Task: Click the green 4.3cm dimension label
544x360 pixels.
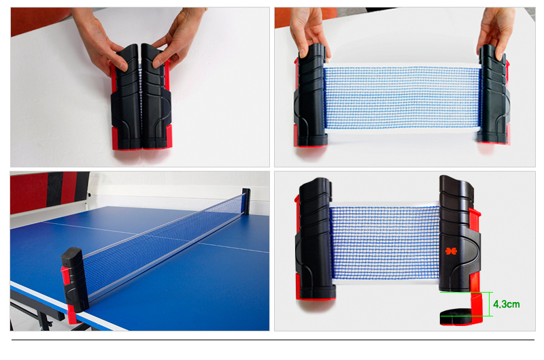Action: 506,304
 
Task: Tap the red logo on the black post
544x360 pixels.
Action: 451,250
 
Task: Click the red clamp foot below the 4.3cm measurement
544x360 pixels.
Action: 461,316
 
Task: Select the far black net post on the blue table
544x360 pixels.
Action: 246,201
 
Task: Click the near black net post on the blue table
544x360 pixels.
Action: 75,279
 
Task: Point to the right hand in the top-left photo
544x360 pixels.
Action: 178,37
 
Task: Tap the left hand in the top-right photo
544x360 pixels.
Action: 308,31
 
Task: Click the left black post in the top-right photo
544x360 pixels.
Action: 310,95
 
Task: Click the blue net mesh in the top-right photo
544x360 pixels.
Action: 403,97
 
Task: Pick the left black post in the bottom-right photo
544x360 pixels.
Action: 315,239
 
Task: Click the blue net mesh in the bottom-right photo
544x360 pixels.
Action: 384,242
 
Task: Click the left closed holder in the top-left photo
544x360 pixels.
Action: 126,97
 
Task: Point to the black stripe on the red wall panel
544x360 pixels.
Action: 55,189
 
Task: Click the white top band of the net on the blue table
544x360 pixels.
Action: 163,226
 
